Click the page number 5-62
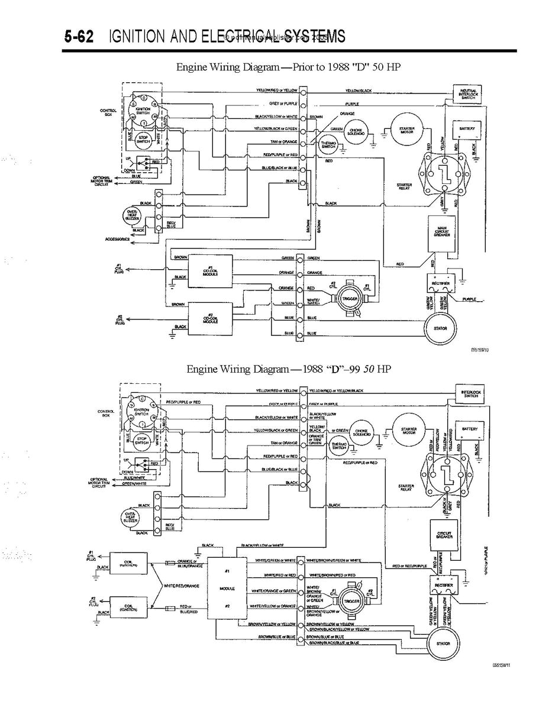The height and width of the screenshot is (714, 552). coord(79,37)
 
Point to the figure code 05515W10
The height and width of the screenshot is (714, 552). coord(479,350)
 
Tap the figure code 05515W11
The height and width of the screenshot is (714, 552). coord(501,664)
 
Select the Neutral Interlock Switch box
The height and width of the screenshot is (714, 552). coord(467,95)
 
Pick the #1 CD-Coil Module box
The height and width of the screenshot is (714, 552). coord(210,271)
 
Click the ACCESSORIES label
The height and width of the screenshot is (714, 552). coord(117,239)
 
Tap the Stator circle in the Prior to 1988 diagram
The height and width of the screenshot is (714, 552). coord(440,328)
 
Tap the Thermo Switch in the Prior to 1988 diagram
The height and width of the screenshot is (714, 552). coord(327,144)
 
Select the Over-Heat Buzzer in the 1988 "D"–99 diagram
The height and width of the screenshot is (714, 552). coord(129,518)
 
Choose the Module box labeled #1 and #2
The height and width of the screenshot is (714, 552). coord(227,589)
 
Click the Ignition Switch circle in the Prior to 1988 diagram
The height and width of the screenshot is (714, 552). coord(143,110)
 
